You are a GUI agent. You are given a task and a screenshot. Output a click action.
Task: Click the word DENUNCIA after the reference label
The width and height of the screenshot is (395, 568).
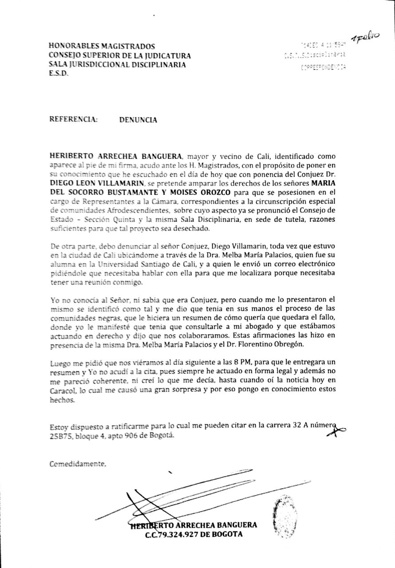[138, 119]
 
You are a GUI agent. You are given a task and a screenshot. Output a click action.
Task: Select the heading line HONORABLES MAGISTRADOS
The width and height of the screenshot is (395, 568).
[102, 46]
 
